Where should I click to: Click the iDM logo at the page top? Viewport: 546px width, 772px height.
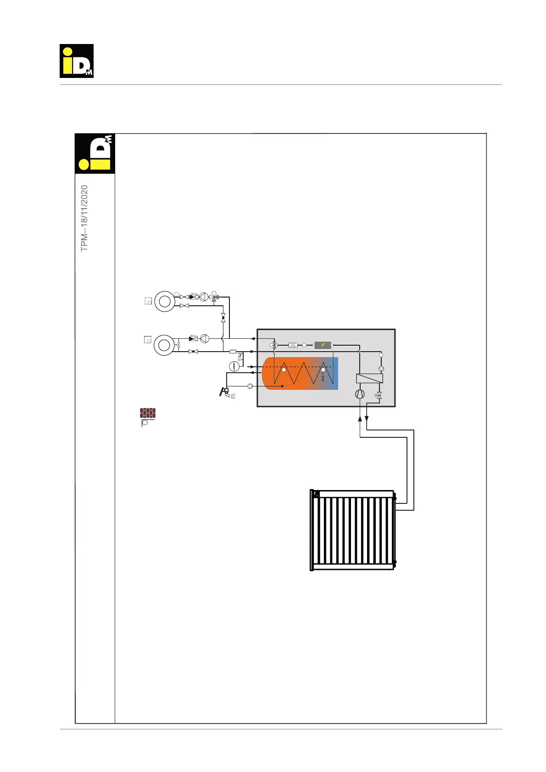click(77, 61)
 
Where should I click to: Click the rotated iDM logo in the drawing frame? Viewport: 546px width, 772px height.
click(95, 154)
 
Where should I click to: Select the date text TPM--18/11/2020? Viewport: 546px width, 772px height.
click(84, 218)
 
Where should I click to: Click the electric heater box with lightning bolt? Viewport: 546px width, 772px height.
click(323, 345)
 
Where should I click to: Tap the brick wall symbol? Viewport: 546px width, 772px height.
click(148, 413)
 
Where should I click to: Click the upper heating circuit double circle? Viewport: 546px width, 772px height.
click(164, 301)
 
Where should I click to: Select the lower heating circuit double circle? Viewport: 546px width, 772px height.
click(163, 345)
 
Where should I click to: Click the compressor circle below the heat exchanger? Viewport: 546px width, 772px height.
click(360, 394)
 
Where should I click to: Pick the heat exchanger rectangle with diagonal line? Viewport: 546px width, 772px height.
click(369, 379)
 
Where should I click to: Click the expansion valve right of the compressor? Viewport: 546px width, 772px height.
click(379, 395)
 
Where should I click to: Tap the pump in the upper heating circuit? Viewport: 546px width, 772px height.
click(204, 297)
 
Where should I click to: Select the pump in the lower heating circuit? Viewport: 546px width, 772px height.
click(205, 339)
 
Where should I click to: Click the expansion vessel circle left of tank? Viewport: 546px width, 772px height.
click(234, 366)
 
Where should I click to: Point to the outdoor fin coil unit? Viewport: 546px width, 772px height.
click(352, 530)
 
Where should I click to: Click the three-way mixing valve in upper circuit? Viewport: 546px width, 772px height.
click(214, 297)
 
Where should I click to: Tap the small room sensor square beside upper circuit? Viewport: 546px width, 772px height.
click(148, 301)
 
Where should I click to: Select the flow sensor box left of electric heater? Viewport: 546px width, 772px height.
click(293, 345)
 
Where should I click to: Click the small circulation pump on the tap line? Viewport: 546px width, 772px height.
click(250, 386)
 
